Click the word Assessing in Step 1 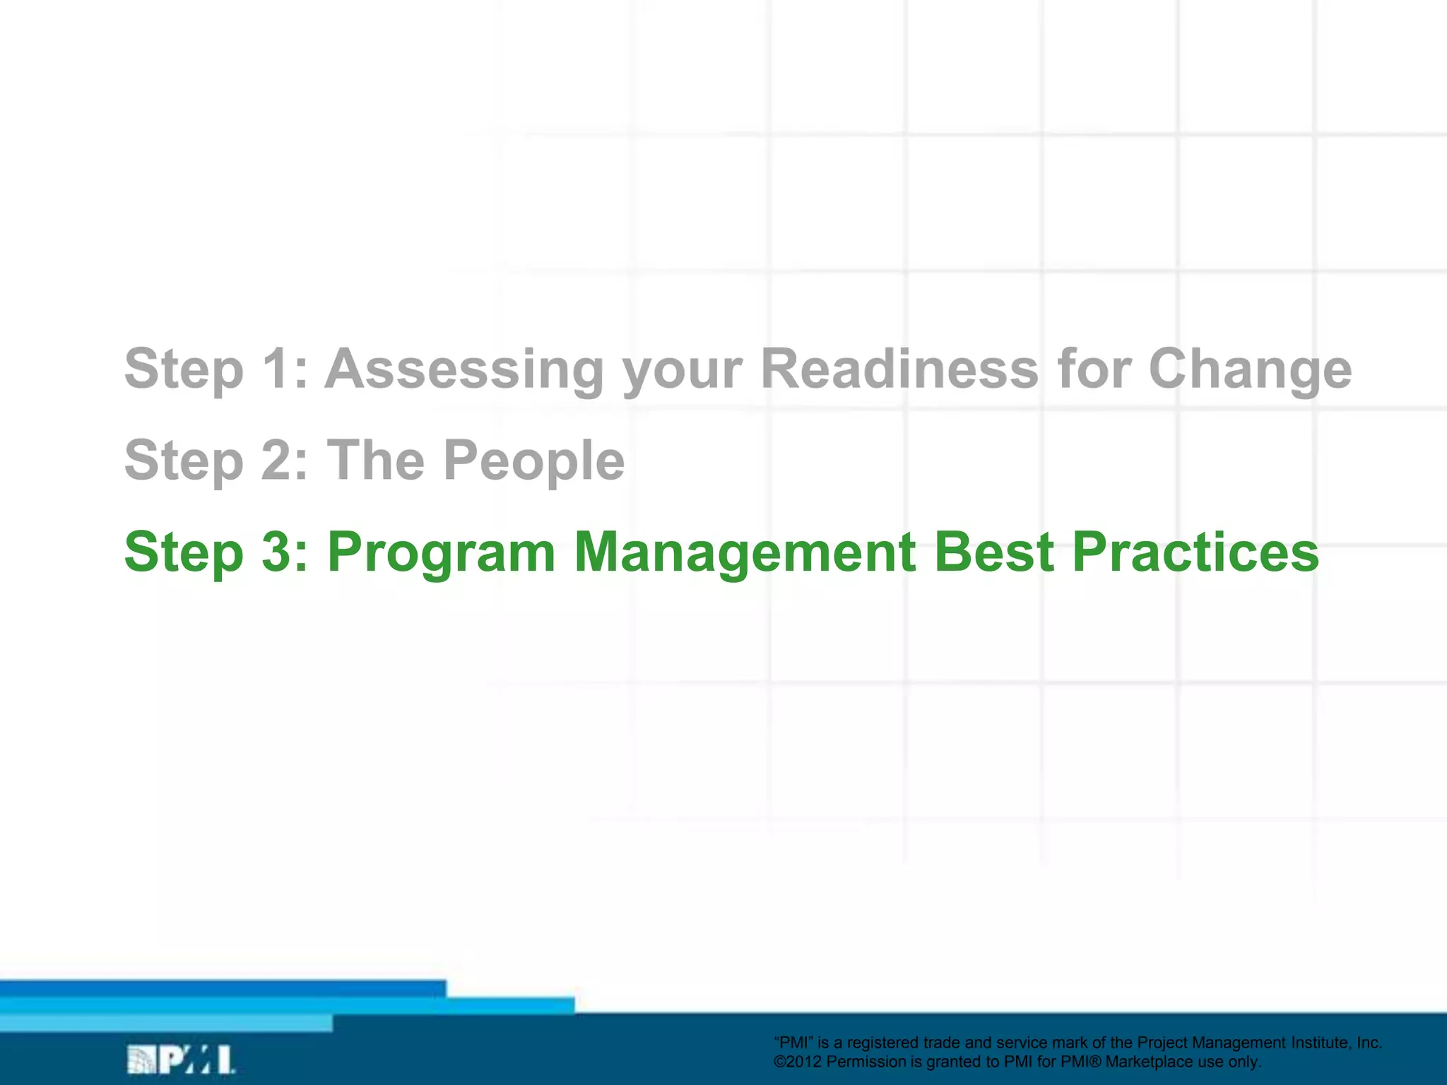pyautogui.click(x=463, y=369)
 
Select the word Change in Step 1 pyautogui.click(x=1250, y=369)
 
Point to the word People pyautogui.click(x=534, y=461)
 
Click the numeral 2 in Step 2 pyautogui.click(x=277, y=461)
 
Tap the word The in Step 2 pyautogui.click(x=376, y=461)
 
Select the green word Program pyautogui.click(x=442, y=552)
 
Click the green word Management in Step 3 pyautogui.click(x=745, y=552)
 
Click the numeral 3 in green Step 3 pyautogui.click(x=277, y=552)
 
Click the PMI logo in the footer pyautogui.click(x=181, y=1060)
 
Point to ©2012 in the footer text pyautogui.click(x=798, y=1062)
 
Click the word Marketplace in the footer pyautogui.click(x=1149, y=1062)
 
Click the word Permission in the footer pyautogui.click(x=866, y=1062)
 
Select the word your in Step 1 pyautogui.click(x=683, y=369)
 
